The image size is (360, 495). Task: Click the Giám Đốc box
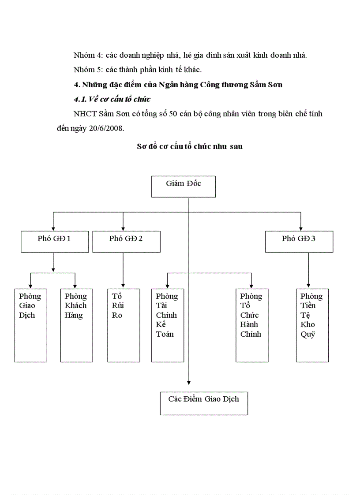pyautogui.click(x=183, y=186)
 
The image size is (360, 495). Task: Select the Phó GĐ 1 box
pyautogui.click(x=55, y=242)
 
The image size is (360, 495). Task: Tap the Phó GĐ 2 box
pyautogui.click(x=126, y=242)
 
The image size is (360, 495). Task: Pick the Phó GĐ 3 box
pyautogui.click(x=299, y=242)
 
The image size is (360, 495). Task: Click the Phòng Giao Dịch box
pyautogui.click(x=30, y=325)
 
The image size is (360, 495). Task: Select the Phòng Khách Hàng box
pyautogui.click(x=76, y=325)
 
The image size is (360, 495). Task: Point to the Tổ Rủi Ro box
pyautogui.click(x=124, y=325)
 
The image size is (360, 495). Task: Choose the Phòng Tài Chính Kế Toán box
pyautogui.click(x=167, y=325)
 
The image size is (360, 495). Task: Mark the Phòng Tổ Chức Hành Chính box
pyautogui.click(x=251, y=325)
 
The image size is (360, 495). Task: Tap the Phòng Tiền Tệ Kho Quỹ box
pyautogui.click(x=312, y=325)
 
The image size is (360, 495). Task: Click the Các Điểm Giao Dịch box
pyautogui.click(x=203, y=403)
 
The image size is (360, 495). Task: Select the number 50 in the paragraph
pyautogui.click(x=172, y=114)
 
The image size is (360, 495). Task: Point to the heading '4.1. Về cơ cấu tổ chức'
pyautogui.click(x=112, y=99)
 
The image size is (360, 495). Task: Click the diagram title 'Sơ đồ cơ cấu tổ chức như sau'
pyautogui.click(x=190, y=146)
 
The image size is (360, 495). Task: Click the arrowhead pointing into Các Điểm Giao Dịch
pyautogui.click(x=189, y=382)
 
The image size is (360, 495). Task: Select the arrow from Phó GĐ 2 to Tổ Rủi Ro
pyautogui.click(x=123, y=269)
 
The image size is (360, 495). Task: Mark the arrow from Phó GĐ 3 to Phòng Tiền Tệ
pyautogui.click(x=308, y=269)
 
